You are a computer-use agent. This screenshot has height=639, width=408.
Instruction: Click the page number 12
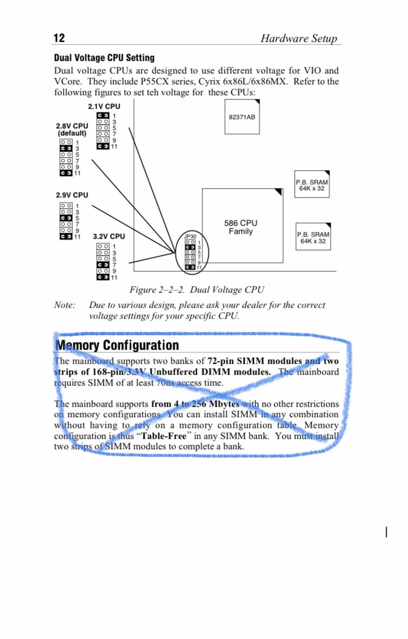coord(59,38)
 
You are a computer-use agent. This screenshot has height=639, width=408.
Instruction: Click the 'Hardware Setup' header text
coord(298,38)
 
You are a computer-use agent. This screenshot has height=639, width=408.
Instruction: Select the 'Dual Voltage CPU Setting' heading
coord(104,58)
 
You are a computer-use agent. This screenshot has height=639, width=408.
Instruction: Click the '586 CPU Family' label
coord(240,227)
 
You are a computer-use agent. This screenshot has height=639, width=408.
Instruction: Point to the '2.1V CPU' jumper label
coord(104,107)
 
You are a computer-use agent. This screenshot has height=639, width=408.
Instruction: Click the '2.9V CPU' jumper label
coord(72,195)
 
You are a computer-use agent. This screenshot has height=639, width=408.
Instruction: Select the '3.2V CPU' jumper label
coord(108,237)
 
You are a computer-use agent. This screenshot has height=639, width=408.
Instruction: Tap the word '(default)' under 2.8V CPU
coord(72,133)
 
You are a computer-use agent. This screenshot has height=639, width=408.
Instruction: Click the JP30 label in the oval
coord(190,237)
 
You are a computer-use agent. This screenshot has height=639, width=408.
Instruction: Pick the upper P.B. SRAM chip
coord(312,185)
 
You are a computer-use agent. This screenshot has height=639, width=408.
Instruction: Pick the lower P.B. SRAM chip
coord(313,238)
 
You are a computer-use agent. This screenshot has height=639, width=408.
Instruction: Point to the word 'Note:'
coord(65,305)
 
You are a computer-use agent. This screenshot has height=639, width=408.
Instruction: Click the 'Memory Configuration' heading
coord(118,345)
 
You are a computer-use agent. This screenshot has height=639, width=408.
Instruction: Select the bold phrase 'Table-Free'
coord(164,436)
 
